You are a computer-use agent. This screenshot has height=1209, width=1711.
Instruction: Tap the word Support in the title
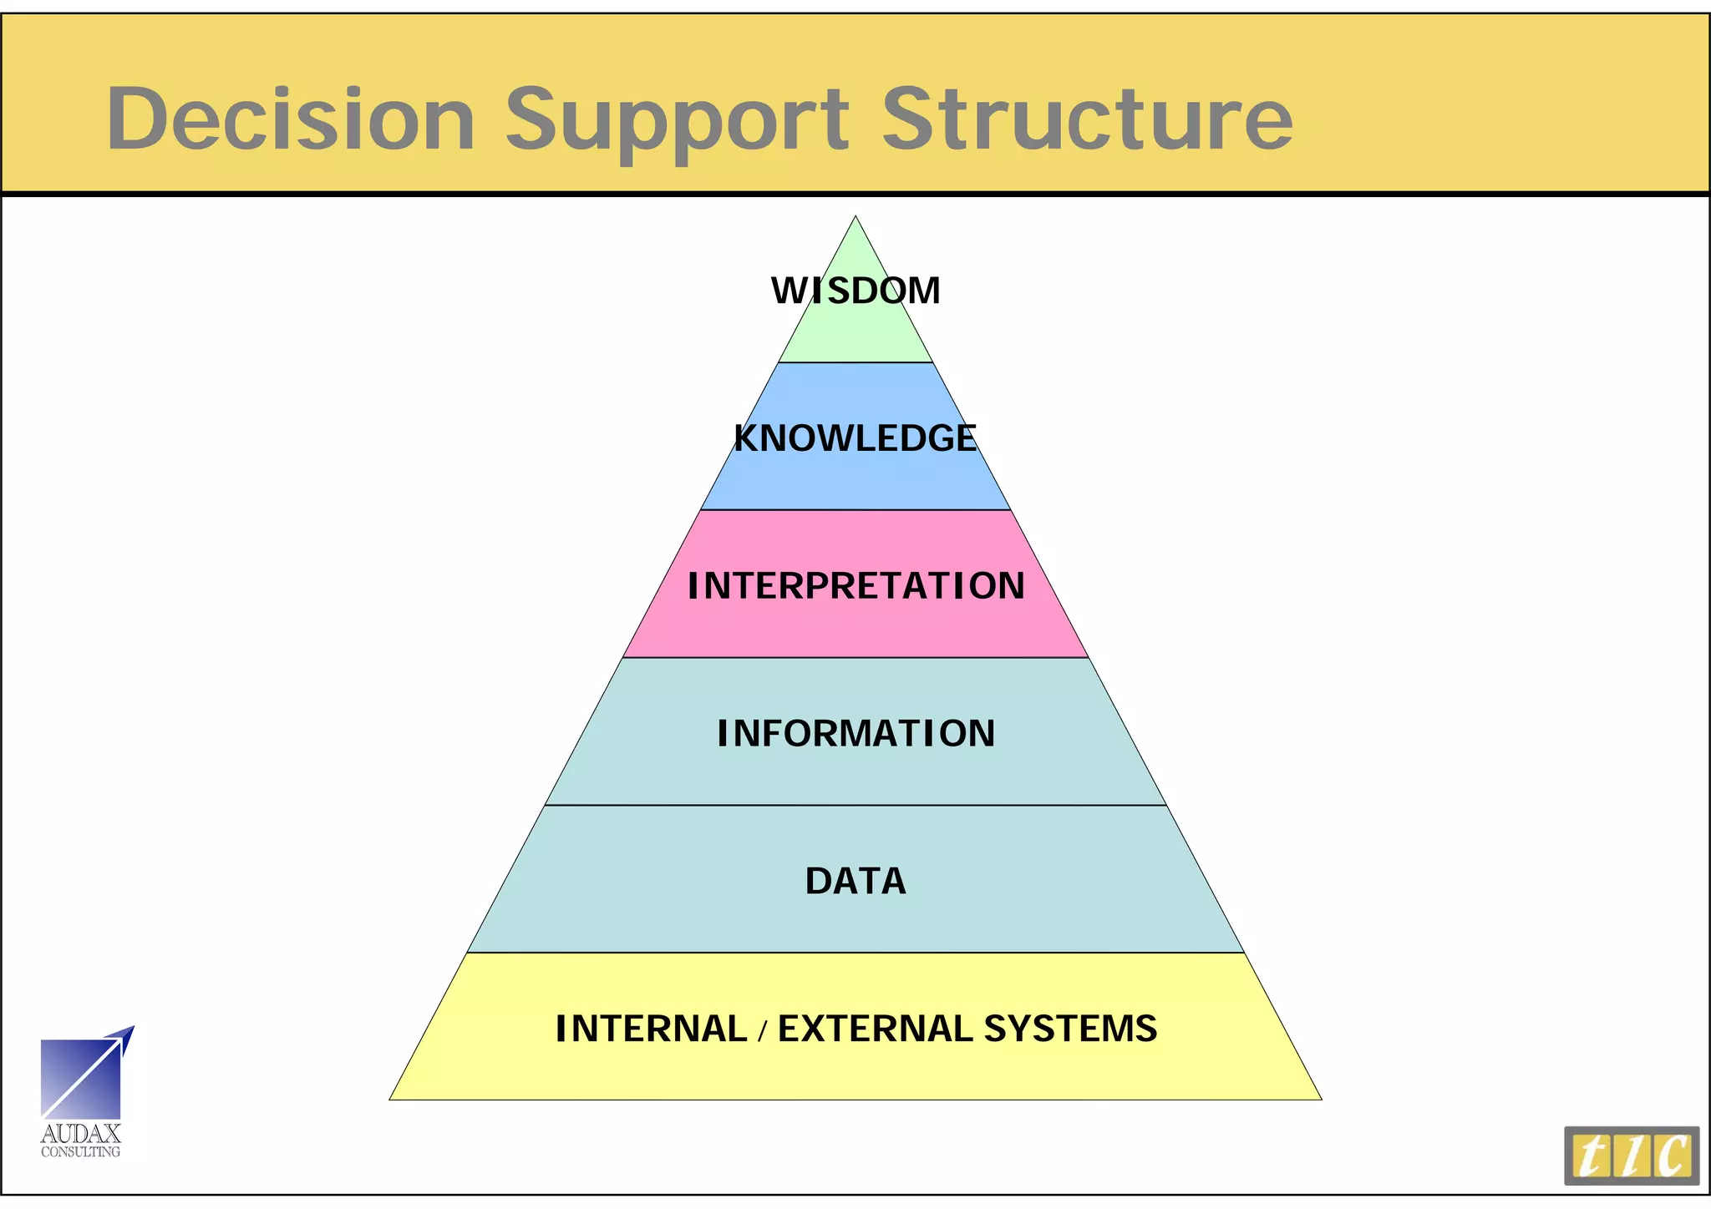click(x=677, y=121)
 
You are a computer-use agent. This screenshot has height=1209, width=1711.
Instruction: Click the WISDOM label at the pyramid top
click(x=855, y=291)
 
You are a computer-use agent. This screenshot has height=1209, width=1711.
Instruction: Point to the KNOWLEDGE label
click(x=855, y=438)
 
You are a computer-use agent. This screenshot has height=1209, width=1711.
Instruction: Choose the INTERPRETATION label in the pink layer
click(x=855, y=586)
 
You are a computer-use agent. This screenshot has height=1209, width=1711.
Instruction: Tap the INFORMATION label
click(x=855, y=734)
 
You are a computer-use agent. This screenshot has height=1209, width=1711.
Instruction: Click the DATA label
click(x=855, y=881)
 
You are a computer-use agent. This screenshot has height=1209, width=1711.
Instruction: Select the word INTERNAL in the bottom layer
click(x=651, y=1029)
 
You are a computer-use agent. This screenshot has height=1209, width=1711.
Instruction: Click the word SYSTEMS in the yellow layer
click(x=1070, y=1029)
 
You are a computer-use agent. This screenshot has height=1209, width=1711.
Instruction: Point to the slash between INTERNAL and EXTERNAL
click(x=762, y=1031)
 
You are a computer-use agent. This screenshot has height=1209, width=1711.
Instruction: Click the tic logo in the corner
click(x=1631, y=1156)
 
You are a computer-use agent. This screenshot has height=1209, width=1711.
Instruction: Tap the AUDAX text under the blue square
click(x=81, y=1134)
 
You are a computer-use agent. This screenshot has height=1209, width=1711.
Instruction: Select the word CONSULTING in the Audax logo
click(x=81, y=1152)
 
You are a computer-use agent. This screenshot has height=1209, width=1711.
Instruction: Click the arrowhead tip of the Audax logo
click(x=132, y=1028)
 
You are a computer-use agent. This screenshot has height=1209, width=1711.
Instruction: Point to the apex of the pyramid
click(x=855, y=219)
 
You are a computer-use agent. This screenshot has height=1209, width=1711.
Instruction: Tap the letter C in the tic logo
click(x=1673, y=1156)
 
